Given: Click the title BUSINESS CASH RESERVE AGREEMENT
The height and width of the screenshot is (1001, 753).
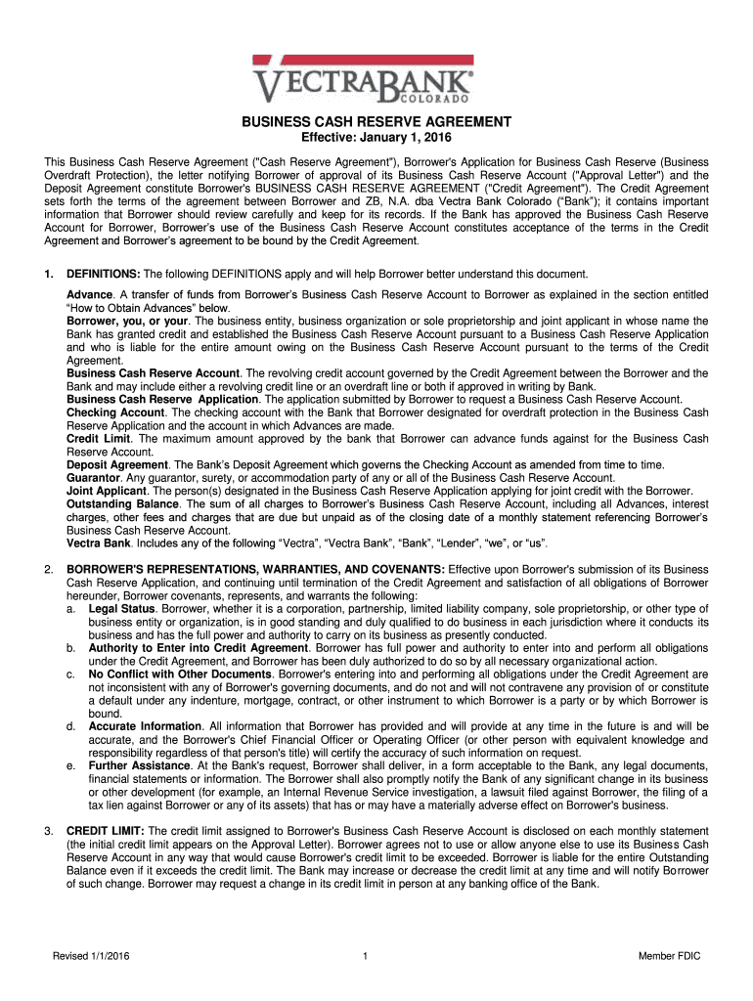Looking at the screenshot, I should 376,122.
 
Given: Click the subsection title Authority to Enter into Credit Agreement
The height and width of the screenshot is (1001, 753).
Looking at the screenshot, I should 198,647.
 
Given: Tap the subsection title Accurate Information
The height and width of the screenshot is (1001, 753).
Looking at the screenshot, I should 145,726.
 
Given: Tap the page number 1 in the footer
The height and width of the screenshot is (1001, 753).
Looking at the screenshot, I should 364,956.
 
